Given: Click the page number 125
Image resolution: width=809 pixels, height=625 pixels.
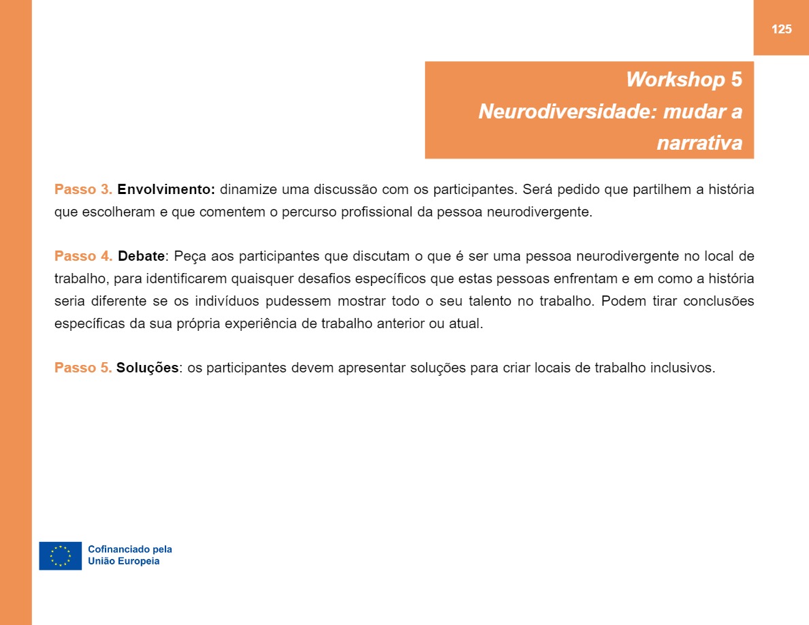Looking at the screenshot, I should pos(781,29).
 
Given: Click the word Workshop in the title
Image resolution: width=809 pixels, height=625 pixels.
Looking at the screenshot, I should pos(675,80).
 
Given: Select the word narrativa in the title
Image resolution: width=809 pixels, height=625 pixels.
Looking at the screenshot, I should pos(699,143).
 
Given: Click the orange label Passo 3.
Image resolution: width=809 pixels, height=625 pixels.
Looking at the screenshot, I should pos(83,189).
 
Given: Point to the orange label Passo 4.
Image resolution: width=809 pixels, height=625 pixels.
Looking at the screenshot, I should pos(83,257).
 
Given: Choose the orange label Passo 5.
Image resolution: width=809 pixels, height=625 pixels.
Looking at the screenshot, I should pos(83,368).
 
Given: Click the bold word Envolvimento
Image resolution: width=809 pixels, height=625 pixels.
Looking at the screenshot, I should pos(166,189).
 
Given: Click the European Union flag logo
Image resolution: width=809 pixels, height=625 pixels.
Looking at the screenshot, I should pos(61,556).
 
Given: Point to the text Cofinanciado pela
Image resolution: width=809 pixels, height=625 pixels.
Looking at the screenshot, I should pos(130,549).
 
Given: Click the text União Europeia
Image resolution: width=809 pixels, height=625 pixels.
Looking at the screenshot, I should pos(124,562).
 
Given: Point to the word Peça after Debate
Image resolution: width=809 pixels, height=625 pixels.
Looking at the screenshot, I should pos(190,257).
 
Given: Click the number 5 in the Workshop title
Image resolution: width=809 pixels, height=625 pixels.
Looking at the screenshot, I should pos(736,80).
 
